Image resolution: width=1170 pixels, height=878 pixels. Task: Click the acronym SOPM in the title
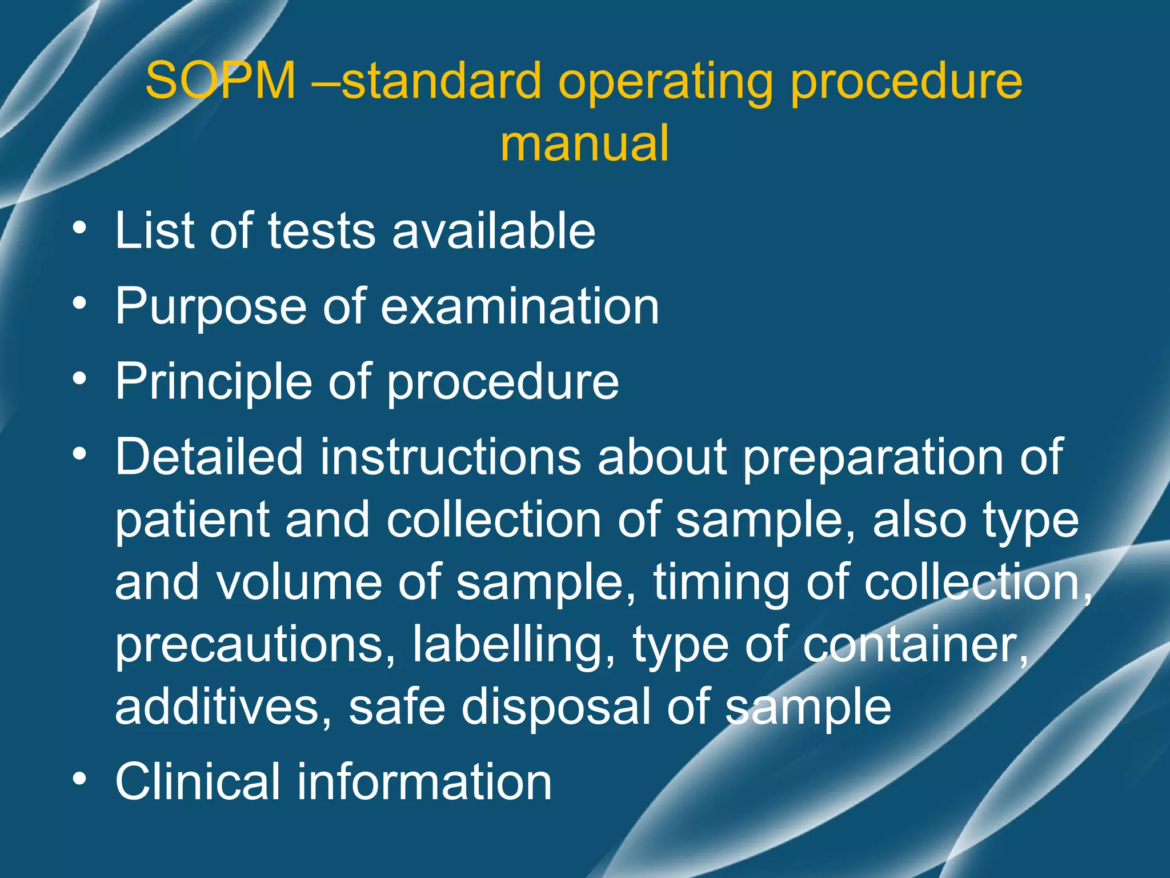tap(221, 81)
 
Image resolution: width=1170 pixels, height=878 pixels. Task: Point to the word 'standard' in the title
tap(441, 81)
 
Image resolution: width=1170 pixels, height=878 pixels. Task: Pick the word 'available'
tap(494, 231)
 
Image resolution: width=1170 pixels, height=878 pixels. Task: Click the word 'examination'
tap(519, 306)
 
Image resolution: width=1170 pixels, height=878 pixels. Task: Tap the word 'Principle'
tap(213, 383)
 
